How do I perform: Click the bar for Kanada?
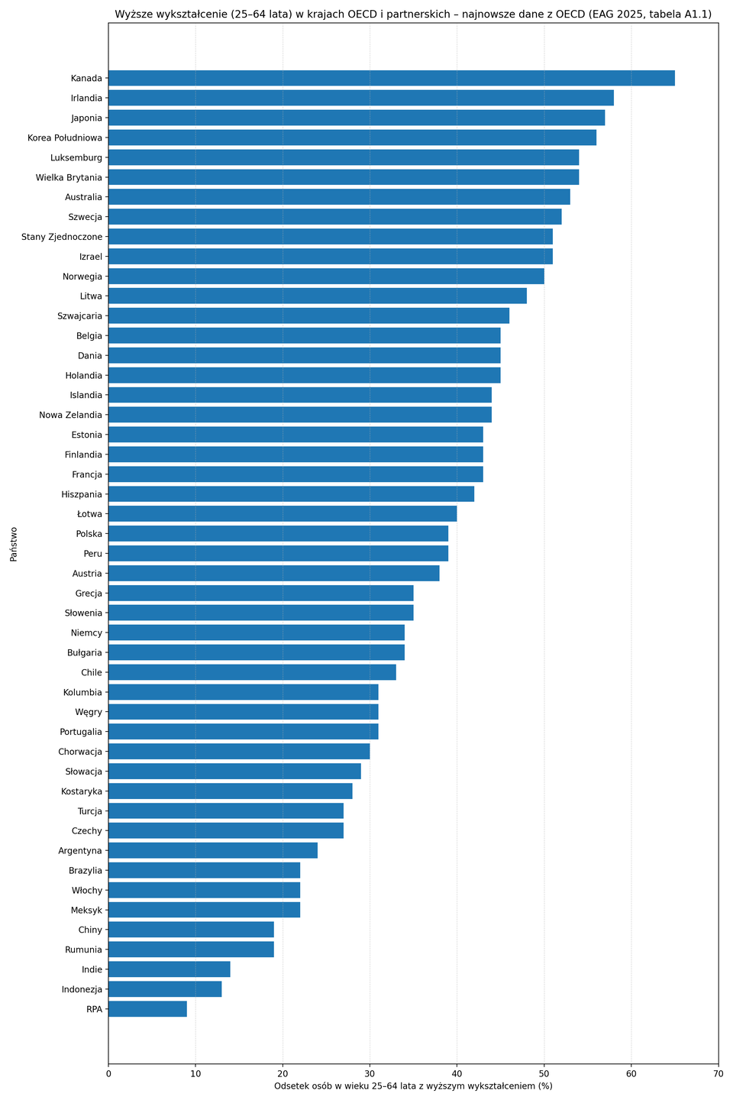coord(391,78)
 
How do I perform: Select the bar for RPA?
coord(147,1009)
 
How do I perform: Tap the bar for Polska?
coord(278,533)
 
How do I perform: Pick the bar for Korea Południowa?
coord(352,137)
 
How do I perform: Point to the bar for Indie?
coord(169,969)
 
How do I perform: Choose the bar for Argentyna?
coord(212,850)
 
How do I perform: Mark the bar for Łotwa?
coord(283,513)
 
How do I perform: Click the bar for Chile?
coord(252,672)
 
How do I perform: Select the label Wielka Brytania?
coord(69,177)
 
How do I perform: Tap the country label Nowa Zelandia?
coord(70,415)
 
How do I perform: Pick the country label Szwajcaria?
coord(79,315)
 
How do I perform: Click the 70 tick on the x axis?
coord(718,1073)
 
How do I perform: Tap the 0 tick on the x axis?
coord(108,1073)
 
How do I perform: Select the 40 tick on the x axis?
coord(457,1073)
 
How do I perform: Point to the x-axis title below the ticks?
coord(413,1086)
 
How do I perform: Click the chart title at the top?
coord(413,13)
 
